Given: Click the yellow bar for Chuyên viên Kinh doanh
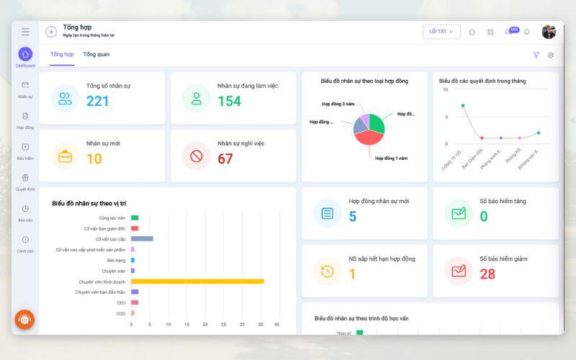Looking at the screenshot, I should pos(197,282).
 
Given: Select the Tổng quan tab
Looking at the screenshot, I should pos(96,55).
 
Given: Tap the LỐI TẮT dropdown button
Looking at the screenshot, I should pos(441,32).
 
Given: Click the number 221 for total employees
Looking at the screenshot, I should pos(98,101).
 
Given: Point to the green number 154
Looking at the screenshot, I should pos(229,101).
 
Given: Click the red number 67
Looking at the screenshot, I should pos(225,158).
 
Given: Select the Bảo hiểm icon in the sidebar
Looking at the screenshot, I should pos(25,147).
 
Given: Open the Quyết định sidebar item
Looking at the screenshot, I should pos(25,178).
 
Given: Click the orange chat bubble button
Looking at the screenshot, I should pos(24,319).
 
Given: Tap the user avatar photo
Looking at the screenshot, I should pos(549,32).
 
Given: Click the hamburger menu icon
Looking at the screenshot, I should pos(25,32).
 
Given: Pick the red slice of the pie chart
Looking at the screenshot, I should pos(366,138).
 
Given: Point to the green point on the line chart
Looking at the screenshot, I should pos(463,106).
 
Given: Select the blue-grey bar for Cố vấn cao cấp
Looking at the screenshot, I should pos(142,238).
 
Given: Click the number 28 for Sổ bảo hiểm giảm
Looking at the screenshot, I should pos(487,274).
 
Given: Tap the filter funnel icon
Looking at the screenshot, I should pos(536,55).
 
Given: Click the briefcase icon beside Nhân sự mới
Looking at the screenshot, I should pos(66,156).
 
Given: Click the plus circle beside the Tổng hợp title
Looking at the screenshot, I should pos(51,32).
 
